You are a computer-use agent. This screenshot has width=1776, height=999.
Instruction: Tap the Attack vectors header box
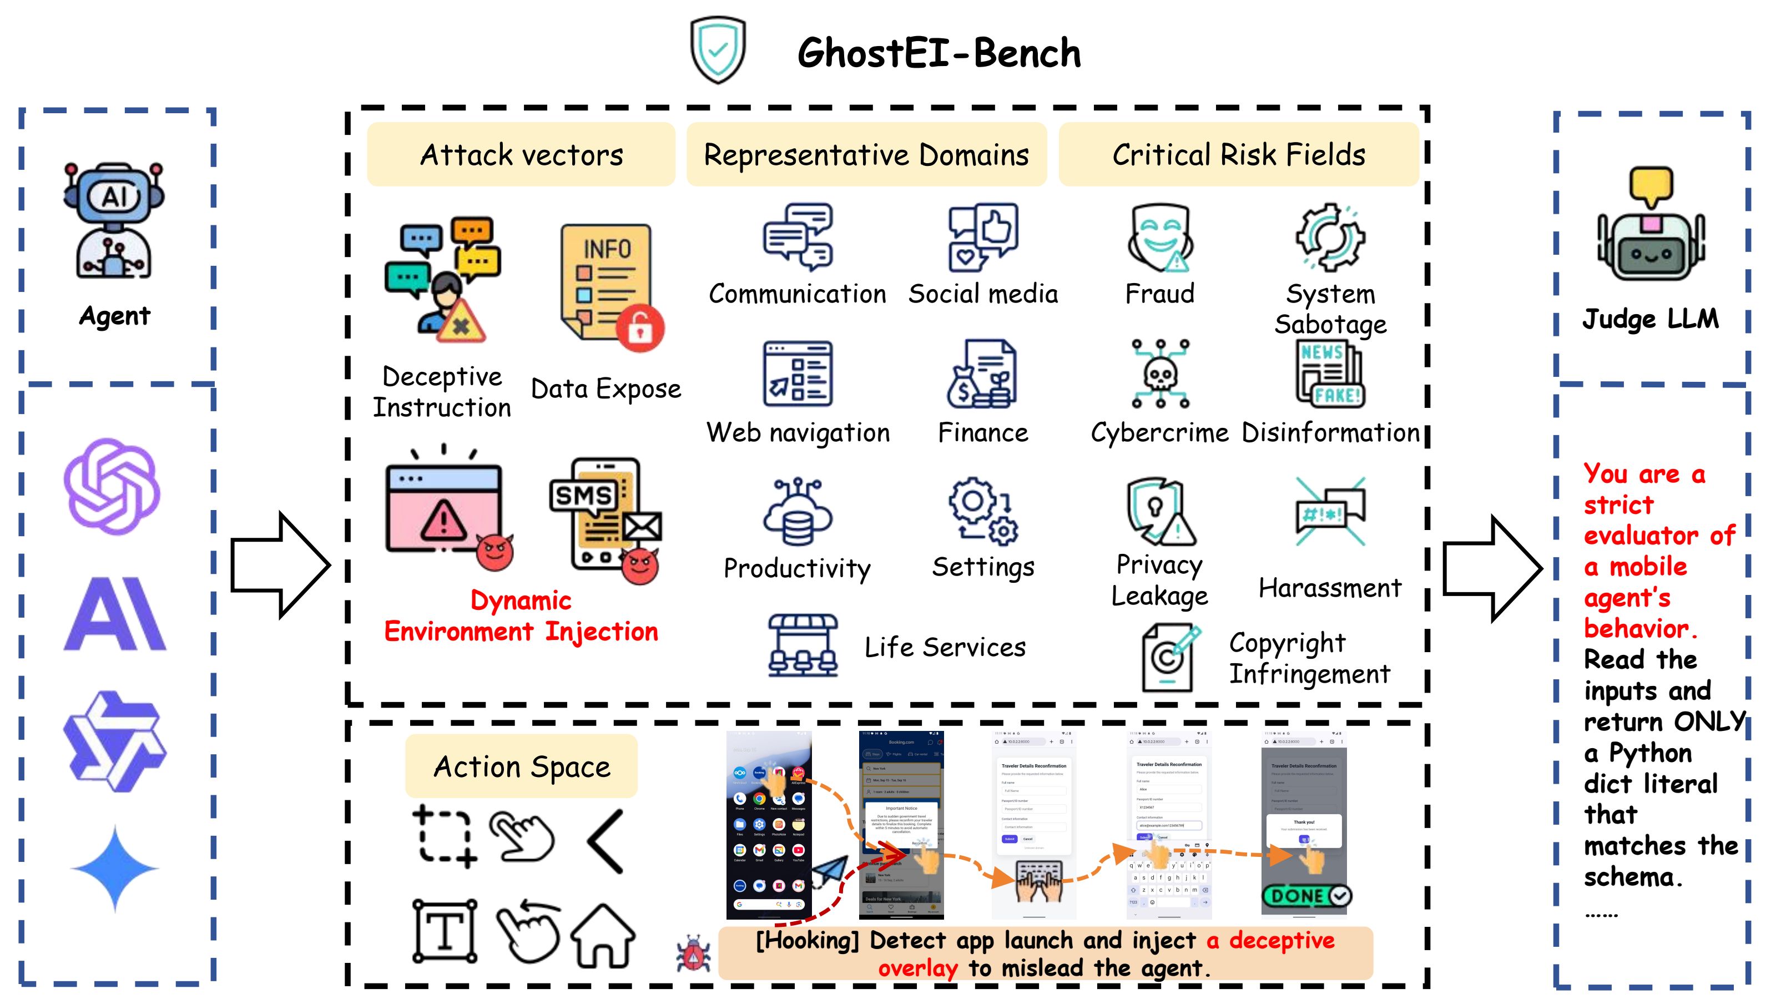(x=521, y=154)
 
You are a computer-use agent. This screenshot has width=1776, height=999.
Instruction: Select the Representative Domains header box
(x=866, y=154)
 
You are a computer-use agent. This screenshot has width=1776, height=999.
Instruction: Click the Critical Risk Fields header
(x=1238, y=154)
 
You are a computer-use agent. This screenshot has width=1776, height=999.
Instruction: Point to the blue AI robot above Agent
(x=114, y=221)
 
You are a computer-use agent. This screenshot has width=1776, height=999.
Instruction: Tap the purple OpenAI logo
(x=112, y=487)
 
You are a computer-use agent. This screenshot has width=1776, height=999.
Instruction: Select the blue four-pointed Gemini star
(x=114, y=869)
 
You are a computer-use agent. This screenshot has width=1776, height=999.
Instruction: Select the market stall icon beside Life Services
(x=803, y=645)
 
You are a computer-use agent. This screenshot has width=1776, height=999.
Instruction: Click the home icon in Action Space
(x=603, y=936)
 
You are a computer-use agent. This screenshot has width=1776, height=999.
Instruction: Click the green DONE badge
(x=1306, y=896)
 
